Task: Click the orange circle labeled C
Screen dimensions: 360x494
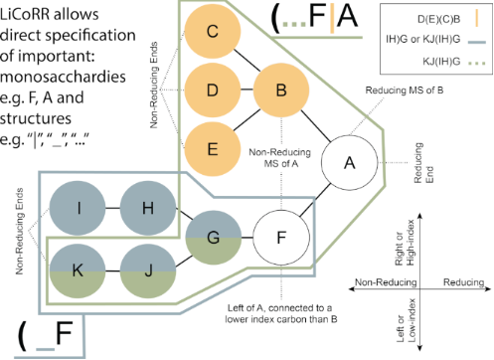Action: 212,32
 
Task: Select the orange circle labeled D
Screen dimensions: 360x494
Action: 212,90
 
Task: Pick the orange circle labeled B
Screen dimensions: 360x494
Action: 281,90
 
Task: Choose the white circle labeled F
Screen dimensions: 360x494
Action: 279,237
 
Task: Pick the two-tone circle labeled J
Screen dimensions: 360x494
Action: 146,267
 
